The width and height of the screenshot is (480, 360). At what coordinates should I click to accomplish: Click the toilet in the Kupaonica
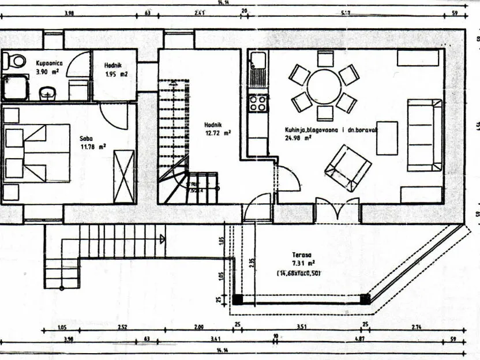pyautogui.click(x=16, y=60)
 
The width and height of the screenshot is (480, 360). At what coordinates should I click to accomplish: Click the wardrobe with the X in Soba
pyautogui.click(x=123, y=176)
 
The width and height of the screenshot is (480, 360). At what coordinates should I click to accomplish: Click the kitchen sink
pyautogui.click(x=258, y=61)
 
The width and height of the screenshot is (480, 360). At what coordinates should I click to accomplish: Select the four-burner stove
pyautogui.click(x=258, y=103)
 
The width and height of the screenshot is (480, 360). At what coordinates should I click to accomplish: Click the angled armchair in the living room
pyautogui.click(x=348, y=167)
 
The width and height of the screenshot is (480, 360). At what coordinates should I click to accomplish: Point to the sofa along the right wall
pyautogui.click(x=424, y=135)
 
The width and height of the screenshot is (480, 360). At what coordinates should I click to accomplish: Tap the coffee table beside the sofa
pyautogui.click(x=387, y=138)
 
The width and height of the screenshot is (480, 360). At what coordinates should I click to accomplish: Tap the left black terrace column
pyautogui.click(x=237, y=299)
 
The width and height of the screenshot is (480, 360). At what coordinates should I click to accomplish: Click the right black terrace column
pyautogui.click(x=365, y=299)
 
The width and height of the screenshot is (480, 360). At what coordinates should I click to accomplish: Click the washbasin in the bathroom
pyautogui.click(x=47, y=92)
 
